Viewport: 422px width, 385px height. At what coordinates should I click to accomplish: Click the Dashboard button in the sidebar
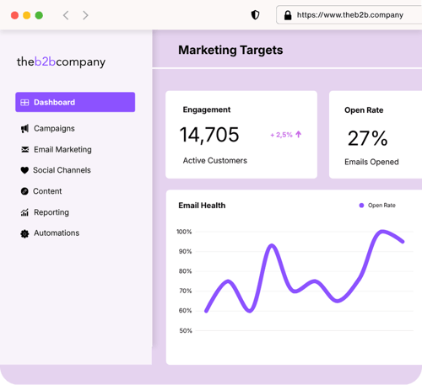tap(74, 102)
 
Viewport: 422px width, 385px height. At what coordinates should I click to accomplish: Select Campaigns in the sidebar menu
tap(53, 129)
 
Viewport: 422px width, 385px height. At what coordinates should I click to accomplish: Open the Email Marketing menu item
tap(62, 150)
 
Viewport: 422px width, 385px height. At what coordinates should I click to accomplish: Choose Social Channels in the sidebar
tap(61, 170)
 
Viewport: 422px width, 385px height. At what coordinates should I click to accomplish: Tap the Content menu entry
tap(47, 191)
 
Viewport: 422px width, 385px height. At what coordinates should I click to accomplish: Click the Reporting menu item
tap(51, 212)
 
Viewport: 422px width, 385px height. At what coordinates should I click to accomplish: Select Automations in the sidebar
tap(56, 233)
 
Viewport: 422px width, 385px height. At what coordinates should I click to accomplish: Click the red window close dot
tap(14, 15)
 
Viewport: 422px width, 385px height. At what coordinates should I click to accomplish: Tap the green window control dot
tap(39, 15)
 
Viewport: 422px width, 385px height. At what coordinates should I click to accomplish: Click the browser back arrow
tap(66, 15)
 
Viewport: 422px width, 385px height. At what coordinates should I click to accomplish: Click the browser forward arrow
tap(85, 15)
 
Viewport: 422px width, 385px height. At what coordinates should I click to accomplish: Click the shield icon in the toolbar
tap(256, 15)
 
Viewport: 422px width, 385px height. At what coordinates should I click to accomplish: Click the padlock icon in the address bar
tap(288, 15)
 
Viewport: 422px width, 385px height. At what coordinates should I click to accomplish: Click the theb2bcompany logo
tap(61, 61)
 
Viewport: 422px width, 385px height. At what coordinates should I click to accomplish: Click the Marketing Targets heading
tap(230, 51)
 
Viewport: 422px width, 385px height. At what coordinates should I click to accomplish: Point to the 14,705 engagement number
tap(209, 135)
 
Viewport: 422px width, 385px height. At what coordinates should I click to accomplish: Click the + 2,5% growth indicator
tap(285, 135)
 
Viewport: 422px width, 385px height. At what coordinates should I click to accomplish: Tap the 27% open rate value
tap(367, 138)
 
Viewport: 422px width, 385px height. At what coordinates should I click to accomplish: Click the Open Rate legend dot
tap(361, 206)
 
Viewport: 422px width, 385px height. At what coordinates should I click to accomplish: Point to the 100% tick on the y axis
tap(184, 232)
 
